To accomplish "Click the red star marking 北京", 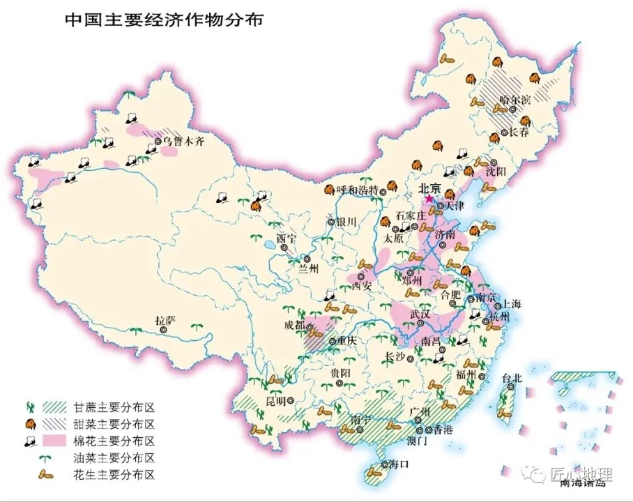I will coord(428,199).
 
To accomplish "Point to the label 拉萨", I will coord(166,321).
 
